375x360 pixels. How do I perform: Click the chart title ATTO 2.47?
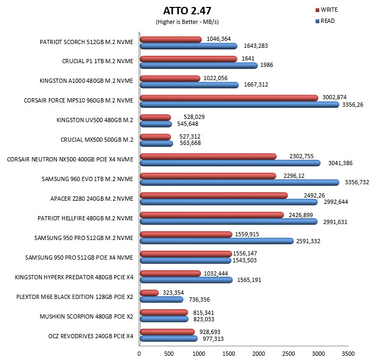pyautogui.click(x=187, y=11)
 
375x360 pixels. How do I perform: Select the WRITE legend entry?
pyautogui.click(x=327, y=10)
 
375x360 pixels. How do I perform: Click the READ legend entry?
pyautogui.click(x=325, y=21)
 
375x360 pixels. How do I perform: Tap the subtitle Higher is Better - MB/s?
pyautogui.click(x=187, y=22)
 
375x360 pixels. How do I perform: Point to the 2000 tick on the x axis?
pyautogui.click(x=259, y=354)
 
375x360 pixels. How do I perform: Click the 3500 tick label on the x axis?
pyautogui.click(x=348, y=354)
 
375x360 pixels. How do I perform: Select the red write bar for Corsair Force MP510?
pyautogui.click(x=229, y=98)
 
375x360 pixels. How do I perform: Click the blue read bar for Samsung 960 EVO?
pyautogui.click(x=240, y=183)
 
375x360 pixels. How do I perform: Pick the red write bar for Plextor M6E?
pyautogui.click(x=149, y=293)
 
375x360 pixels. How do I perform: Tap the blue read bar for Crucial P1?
pyautogui.click(x=199, y=65)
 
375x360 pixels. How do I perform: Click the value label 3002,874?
pyautogui.click(x=334, y=97)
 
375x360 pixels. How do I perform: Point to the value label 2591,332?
pyautogui.click(x=308, y=241)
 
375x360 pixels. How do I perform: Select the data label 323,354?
pyautogui.click(x=173, y=293)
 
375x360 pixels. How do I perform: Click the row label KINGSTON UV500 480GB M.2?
pyautogui.click(x=95, y=120)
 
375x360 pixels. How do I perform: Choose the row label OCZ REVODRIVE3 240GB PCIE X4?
pyautogui.click(x=91, y=336)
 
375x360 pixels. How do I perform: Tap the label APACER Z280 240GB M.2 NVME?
pyautogui.click(x=91, y=199)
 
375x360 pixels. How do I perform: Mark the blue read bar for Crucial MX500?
pyautogui.click(x=156, y=143)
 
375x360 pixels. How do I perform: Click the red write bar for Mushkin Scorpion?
pyautogui.click(x=164, y=312)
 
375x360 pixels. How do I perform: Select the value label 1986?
pyautogui.click(x=267, y=65)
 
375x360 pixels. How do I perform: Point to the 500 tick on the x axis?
pyautogui.click(x=169, y=354)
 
